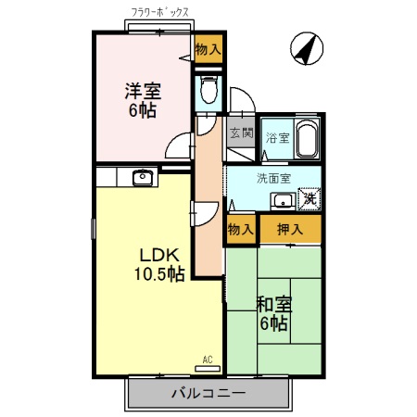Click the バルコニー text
[x=208, y=393]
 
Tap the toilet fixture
[x=208, y=91]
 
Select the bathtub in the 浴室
[x=307, y=139]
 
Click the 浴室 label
[x=277, y=138]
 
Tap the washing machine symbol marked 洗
[x=310, y=198]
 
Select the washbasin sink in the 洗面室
[x=282, y=201]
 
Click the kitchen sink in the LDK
[x=143, y=178]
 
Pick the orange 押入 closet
[x=289, y=229]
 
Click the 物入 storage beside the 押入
[x=240, y=229]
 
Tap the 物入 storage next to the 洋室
[x=208, y=48]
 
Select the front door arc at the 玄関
[x=238, y=100]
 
